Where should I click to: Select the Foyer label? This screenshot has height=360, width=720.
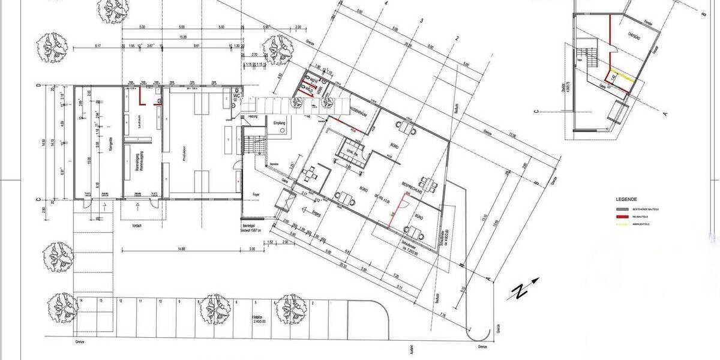click(x=255, y=194)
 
